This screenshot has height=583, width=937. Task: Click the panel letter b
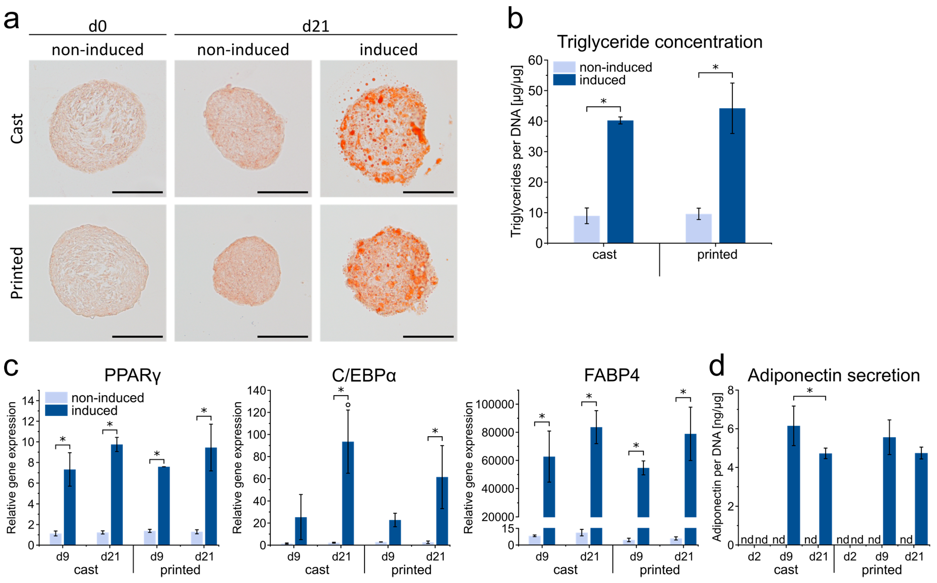515,19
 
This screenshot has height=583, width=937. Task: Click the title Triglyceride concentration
659,42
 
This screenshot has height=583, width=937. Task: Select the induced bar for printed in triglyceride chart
732,175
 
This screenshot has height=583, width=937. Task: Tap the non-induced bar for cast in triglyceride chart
586,229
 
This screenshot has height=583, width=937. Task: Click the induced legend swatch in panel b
564,80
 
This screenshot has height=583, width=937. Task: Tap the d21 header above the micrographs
316,26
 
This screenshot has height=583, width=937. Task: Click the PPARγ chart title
132,375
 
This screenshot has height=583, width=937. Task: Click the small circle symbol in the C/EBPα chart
348,405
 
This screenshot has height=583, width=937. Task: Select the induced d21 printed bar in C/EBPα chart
442,511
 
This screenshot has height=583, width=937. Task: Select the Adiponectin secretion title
833,375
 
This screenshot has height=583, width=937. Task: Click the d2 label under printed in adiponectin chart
850,556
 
